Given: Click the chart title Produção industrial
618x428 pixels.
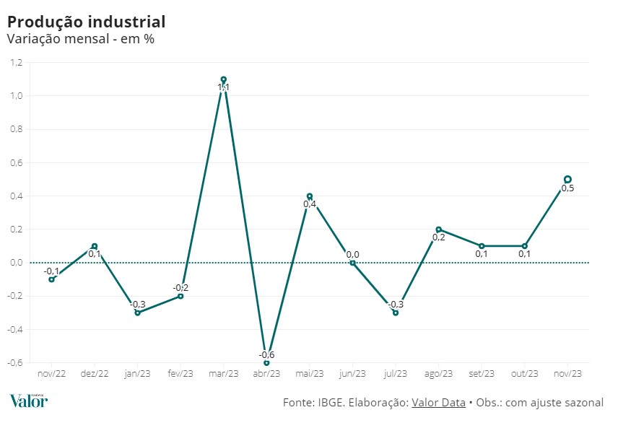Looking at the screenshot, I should pos(86,22).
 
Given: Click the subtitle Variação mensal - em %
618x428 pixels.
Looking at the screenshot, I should pos(80,39).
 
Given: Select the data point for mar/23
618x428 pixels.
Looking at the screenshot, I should pos(224,79).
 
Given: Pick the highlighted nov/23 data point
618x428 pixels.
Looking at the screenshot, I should pos(567,179).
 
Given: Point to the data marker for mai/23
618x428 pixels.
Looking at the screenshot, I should pos(310,196).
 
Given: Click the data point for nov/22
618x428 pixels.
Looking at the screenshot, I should pos(51,279).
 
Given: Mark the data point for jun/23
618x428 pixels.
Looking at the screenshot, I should pos(352,263).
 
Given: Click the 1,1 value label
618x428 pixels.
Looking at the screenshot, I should pos(224,88).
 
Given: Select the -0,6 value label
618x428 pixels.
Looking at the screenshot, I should pos(267,354).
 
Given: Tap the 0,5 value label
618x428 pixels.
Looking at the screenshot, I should pos(567,188).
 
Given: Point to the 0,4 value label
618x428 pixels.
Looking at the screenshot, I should pos(310,205).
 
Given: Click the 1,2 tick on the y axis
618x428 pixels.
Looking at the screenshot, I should pos(17,63).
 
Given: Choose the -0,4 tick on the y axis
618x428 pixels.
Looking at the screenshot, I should pos(15,329).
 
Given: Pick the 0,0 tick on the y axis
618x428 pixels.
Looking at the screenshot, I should pos(17,263).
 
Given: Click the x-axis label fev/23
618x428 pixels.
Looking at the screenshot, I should pos(180,373).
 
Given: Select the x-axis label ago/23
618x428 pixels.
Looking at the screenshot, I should pos(438,373).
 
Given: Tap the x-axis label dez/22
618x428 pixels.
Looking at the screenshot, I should pos(95,373).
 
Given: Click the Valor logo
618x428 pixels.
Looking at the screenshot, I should pos(29,401).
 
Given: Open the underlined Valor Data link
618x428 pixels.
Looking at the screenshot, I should pos(438,403).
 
